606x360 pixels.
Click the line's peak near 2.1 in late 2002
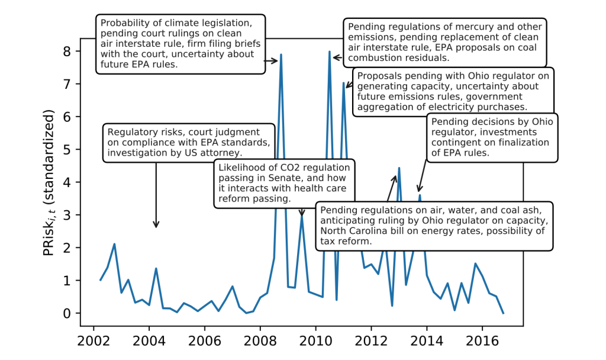point(114,244)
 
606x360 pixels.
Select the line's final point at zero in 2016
point(503,313)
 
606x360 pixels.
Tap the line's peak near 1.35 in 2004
point(156,268)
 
